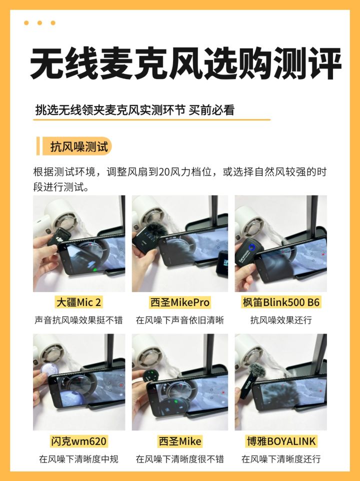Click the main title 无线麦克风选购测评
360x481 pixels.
coord(185,64)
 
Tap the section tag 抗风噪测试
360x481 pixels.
coord(79,146)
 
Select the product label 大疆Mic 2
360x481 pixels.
coord(78,302)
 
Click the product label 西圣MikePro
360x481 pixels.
coord(179,302)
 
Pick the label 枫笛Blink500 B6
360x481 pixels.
coord(281,302)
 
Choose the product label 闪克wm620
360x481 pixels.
coord(78,441)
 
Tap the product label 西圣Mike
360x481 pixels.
coord(179,441)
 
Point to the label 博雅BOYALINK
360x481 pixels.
coord(281,441)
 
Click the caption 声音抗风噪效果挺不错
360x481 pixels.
coord(78,320)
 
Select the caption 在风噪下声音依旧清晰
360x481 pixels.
coord(179,320)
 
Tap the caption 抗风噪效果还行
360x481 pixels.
coord(281,320)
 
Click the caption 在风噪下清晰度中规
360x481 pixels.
coord(78,459)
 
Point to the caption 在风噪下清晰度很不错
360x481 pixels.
coord(179,459)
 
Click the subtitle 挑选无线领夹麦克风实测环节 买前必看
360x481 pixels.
coord(135,110)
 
